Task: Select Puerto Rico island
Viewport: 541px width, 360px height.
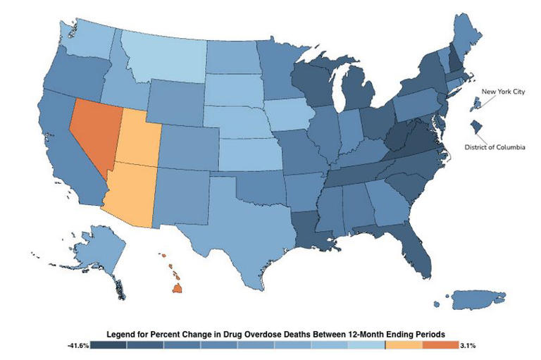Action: [x=469, y=299]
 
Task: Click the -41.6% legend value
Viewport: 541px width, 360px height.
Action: [x=78, y=346]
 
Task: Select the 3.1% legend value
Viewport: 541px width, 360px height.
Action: [x=468, y=346]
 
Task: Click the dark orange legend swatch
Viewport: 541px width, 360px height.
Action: [x=440, y=346]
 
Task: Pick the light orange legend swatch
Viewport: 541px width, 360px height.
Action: [x=403, y=346]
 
